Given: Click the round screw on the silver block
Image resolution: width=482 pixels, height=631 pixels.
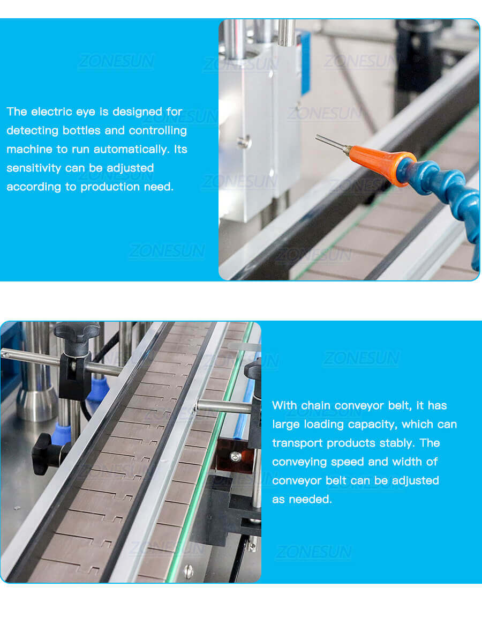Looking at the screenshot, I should (x=244, y=142).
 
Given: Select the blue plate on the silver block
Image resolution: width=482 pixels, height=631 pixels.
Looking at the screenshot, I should (x=305, y=62).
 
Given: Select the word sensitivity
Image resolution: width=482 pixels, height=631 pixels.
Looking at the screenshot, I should (x=34, y=168).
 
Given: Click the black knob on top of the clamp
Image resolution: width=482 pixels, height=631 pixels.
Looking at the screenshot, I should (x=77, y=331).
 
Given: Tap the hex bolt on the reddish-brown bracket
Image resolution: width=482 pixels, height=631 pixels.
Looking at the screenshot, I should (x=235, y=456).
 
